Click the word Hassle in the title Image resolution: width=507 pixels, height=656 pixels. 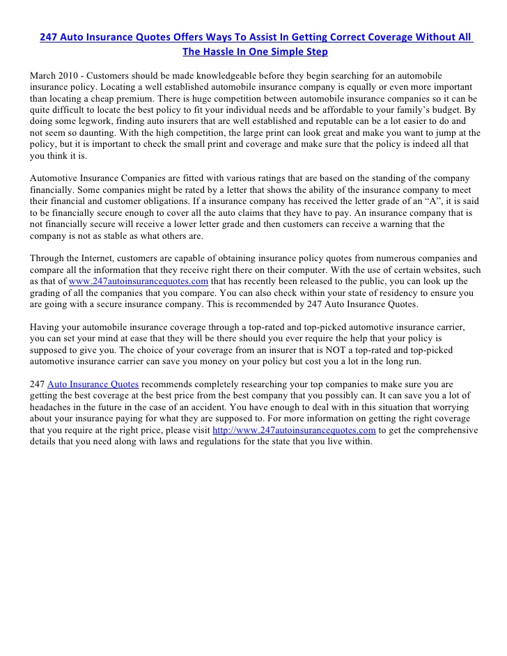(x=228, y=52)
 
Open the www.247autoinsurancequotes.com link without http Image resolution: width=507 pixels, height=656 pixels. (x=139, y=281)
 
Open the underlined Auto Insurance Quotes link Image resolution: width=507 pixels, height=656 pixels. (x=93, y=384)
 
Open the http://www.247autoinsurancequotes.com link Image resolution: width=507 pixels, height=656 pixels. (x=294, y=430)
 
